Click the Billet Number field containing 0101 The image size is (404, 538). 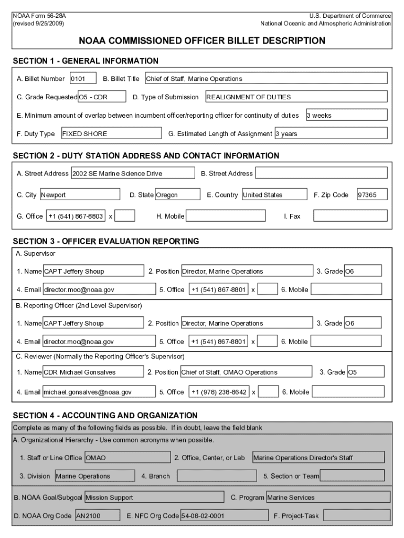point(83,79)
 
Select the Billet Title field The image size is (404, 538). point(265,79)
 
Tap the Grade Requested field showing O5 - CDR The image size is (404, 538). point(102,97)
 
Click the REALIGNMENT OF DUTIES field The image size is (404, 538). point(296,97)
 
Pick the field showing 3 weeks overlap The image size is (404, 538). point(346,115)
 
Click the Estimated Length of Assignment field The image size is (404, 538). point(331,133)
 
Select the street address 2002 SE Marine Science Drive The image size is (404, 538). point(133,173)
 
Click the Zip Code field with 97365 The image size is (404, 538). point(371,195)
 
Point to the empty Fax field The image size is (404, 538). point(350,216)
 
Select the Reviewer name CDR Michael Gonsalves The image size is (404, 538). point(93,372)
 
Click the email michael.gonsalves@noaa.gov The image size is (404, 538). point(99,392)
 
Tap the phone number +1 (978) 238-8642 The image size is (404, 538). point(218,392)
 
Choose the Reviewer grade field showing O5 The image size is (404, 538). point(365,372)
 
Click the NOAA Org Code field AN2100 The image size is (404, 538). point(97,516)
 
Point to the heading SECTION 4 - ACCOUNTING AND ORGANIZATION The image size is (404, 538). point(105,416)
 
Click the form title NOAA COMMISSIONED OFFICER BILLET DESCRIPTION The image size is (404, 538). point(202,40)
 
